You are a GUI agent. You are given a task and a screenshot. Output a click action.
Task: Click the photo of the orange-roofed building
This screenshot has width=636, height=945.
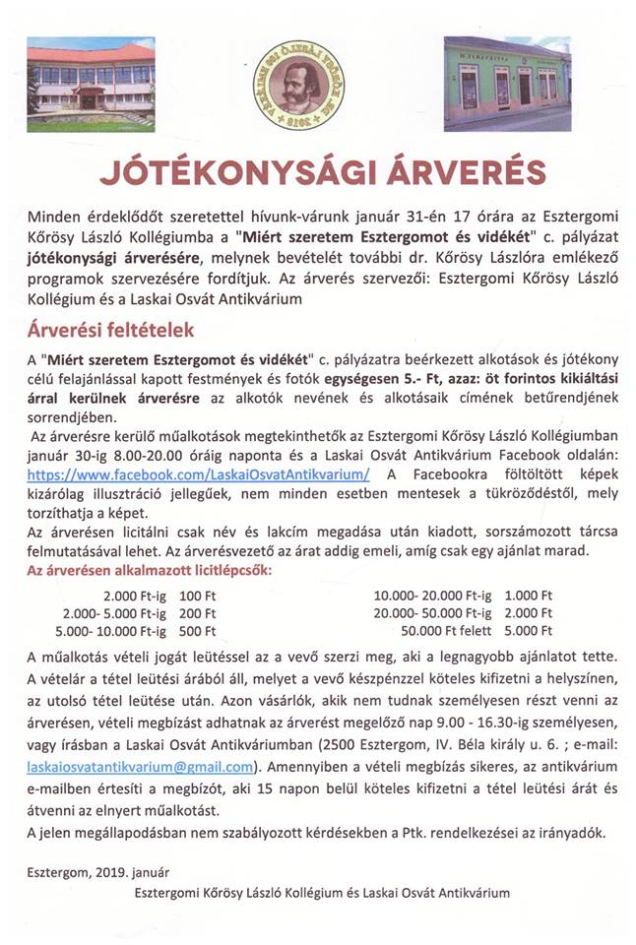91,86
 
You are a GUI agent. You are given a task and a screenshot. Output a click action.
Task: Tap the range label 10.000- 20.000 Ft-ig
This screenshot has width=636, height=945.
432,596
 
